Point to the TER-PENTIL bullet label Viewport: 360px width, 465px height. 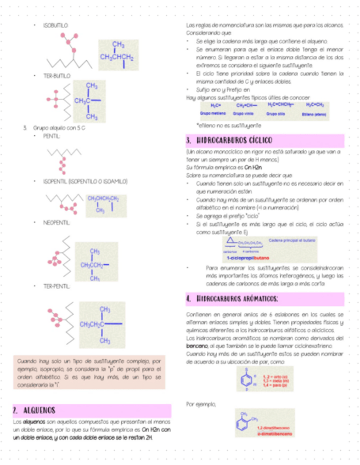tap(56, 286)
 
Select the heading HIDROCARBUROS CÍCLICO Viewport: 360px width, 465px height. tap(233, 140)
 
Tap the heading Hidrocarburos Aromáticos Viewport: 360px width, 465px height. tap(237, 299)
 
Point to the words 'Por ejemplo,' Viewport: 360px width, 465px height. tap(201, 404)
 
